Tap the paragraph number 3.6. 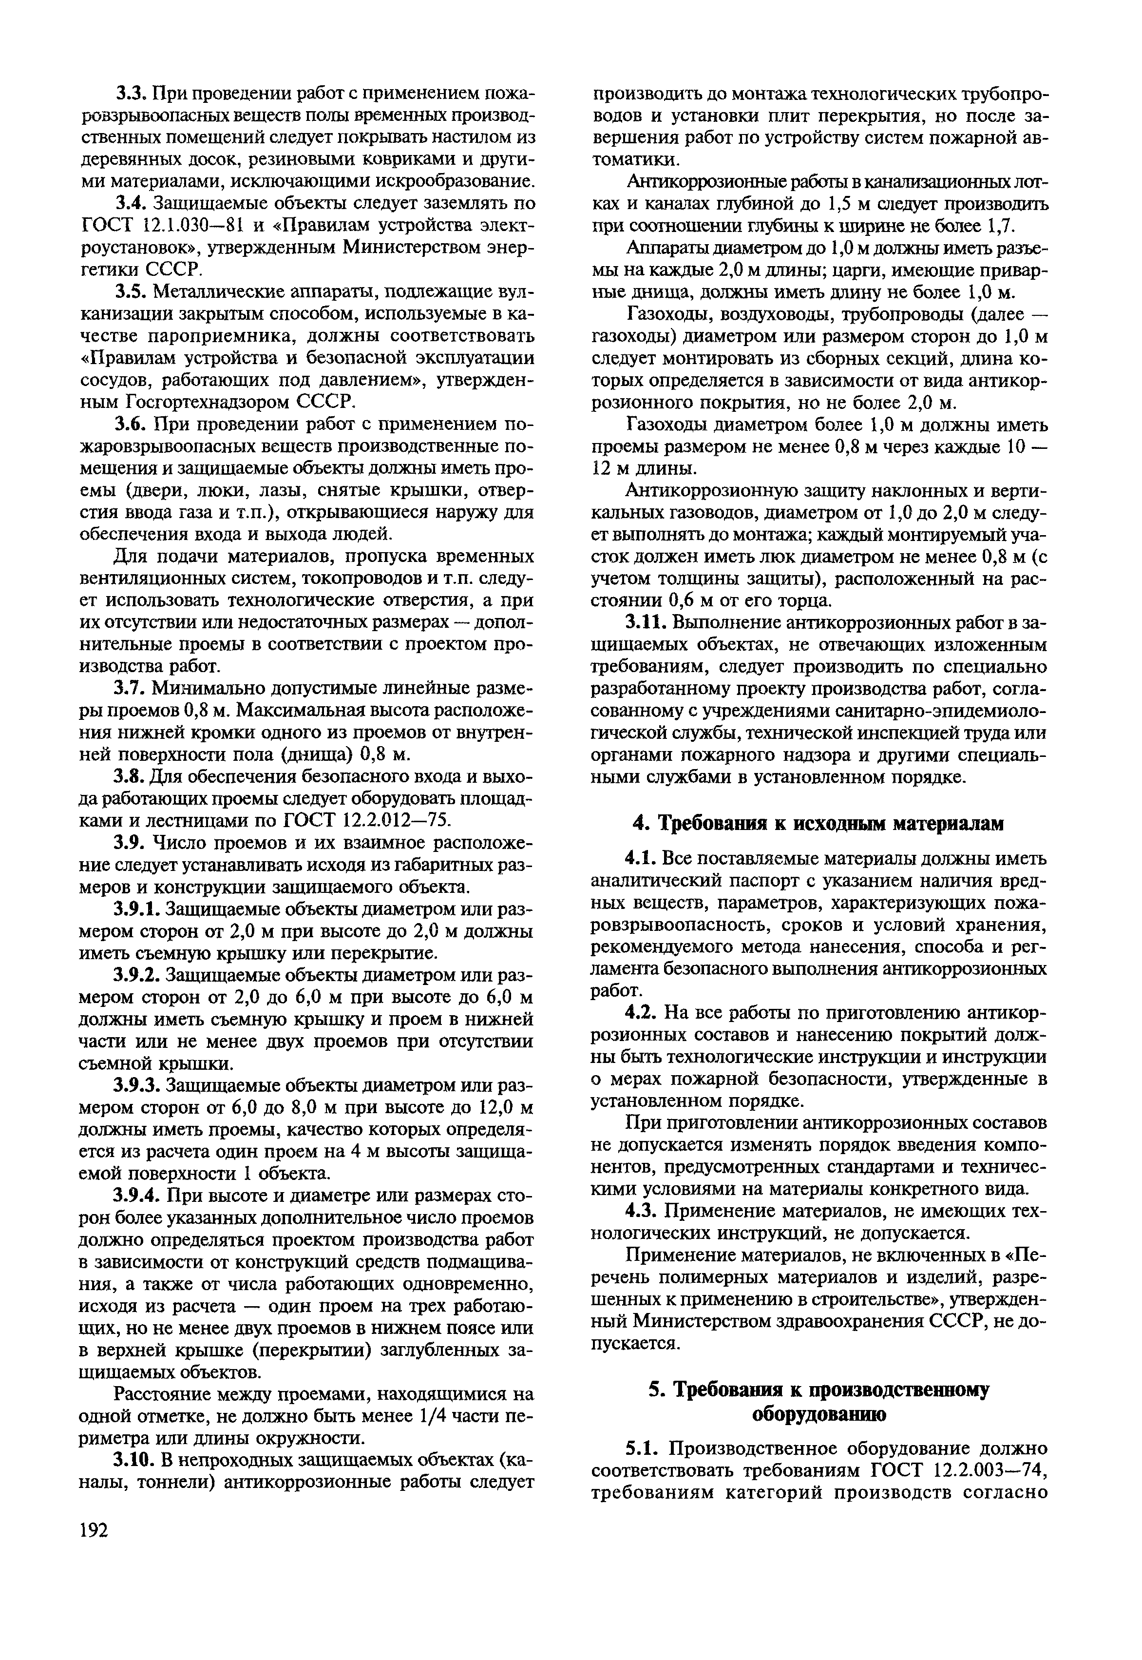click(133, 425)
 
